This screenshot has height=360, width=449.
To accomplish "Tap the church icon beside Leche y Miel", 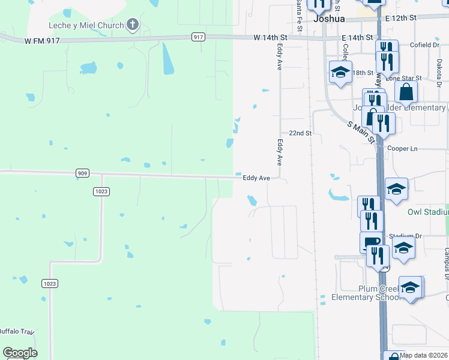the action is click(133, 25).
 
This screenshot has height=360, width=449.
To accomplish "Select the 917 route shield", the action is click(199, 37).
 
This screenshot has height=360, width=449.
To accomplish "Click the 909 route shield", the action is click(83, 173).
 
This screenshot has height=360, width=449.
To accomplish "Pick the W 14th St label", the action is click(271, 37).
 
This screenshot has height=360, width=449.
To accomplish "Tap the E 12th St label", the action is click(401, 19).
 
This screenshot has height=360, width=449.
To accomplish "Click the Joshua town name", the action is click(330, 19).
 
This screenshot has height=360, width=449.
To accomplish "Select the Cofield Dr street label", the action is click(425, 45).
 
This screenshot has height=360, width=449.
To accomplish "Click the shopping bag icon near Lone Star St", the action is click(406, 92).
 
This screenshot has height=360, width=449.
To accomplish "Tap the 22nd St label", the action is click(300, 133).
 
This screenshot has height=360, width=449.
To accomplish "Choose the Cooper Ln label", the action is click(402, 148).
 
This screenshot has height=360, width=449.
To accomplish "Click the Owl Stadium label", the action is click(428, 212).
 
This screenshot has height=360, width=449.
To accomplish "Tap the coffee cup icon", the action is click(371, 242).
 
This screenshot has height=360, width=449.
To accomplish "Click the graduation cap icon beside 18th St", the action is click(340, 73).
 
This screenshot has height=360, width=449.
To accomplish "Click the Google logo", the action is click(20, 353).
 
